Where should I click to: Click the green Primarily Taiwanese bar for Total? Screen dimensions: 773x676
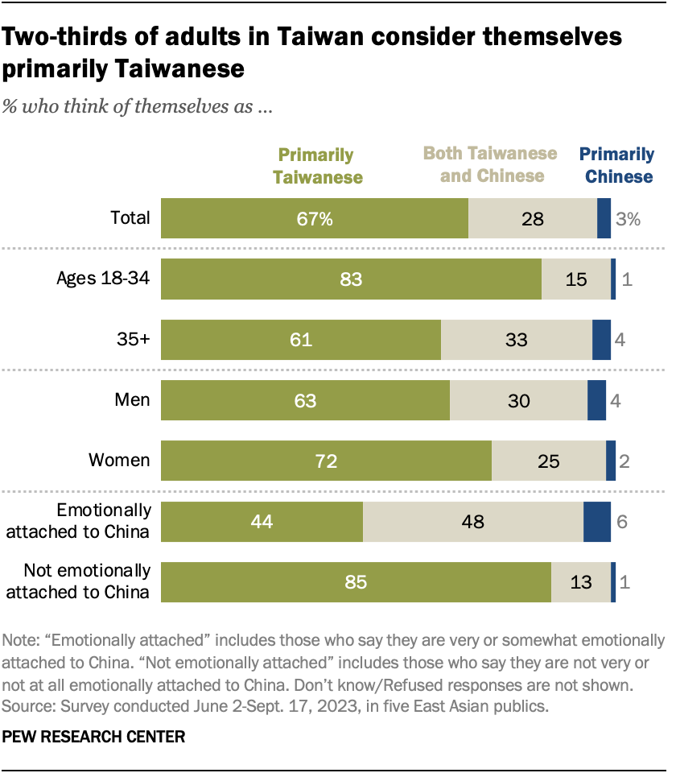[x=315, y=218]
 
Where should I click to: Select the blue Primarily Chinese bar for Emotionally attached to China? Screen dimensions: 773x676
[x=596, y=521]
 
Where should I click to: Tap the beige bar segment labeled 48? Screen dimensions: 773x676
[x=472, y=521]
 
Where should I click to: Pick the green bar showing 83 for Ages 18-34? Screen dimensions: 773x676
[x=351, y=279]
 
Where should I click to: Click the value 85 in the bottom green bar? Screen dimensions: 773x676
[x=356, y=582]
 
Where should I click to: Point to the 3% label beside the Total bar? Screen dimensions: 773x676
[x=629, y=218]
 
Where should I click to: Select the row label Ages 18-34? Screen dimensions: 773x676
[x=103, y=279]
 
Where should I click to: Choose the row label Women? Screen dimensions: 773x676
[x=119, y=460]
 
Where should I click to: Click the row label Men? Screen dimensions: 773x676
[x=131, y=399]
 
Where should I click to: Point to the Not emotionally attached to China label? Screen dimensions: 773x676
[x=87, y=581]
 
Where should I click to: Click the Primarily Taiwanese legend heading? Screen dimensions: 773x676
[x=317, y=166]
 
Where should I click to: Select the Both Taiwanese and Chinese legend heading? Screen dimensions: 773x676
[x=490, y=164]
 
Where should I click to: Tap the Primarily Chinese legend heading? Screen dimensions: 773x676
[x=617, y=165]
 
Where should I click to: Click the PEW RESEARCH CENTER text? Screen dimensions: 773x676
[x=94, y=736]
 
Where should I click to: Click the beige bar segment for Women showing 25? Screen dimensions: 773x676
[x=548, y=461]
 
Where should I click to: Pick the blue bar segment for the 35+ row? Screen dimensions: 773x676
[x=601, y=340]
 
